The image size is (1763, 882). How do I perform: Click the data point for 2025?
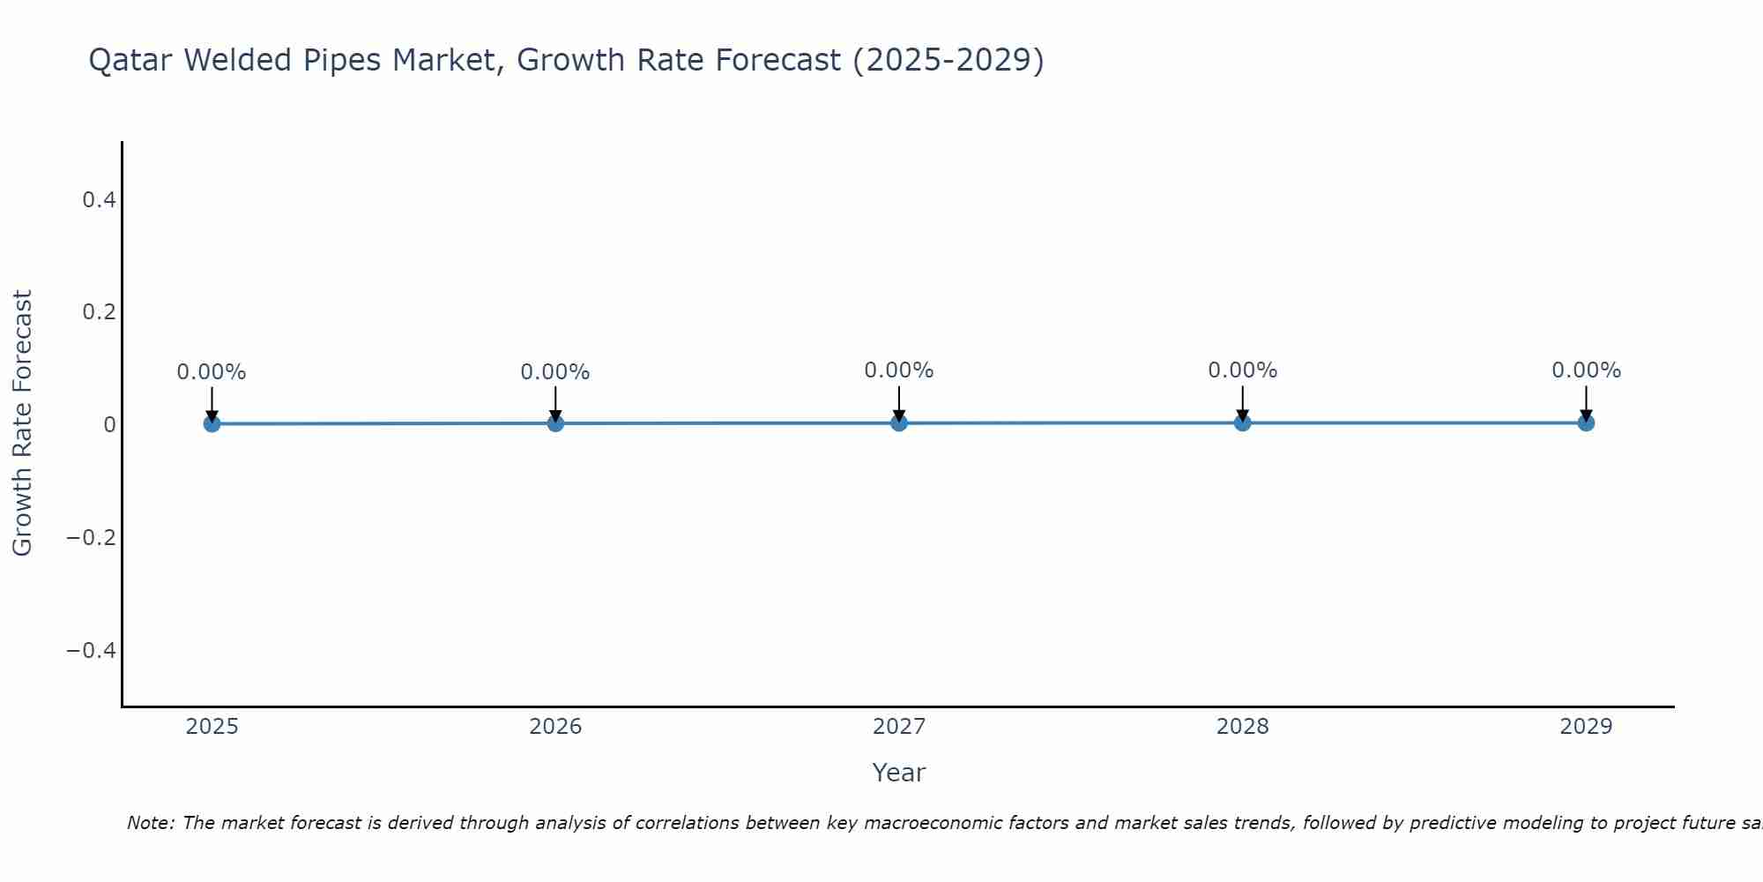(212, 423)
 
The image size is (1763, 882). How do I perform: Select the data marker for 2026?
(555, 423)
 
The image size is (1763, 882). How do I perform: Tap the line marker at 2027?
(899, 422)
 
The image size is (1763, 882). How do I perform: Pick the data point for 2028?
(1243, 422)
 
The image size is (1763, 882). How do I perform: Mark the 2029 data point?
(1586, 422)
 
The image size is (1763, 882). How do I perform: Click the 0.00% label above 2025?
(212, 372)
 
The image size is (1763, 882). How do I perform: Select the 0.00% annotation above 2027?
(899, 370)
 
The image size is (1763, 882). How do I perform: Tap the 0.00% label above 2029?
(1586, 370)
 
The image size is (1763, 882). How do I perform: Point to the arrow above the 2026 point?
(555, 402)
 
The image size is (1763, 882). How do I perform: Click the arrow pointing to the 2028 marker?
(1243, 401)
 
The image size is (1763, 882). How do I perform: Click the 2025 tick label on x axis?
(212, 727)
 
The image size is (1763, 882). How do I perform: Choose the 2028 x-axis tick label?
(1243, 727)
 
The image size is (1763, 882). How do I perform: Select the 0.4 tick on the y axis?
(99, 200)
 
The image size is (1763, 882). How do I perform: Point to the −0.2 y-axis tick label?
(92, 537)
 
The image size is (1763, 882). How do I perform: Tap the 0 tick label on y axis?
(109, 425)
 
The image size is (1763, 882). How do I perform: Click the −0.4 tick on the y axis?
(92, 650)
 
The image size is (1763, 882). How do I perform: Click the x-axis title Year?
(898, 773)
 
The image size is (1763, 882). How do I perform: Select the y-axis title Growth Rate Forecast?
(23, 423)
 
